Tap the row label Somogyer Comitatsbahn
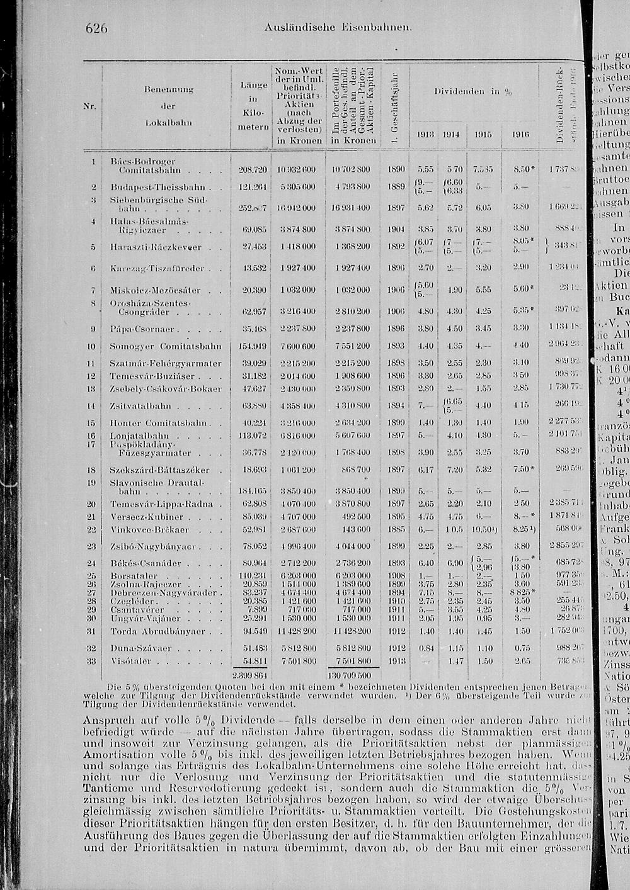tap(165, 346)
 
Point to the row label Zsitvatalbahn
tap(141, 406)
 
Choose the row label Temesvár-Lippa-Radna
tap(161, 504)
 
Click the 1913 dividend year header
tap(425, 135)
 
